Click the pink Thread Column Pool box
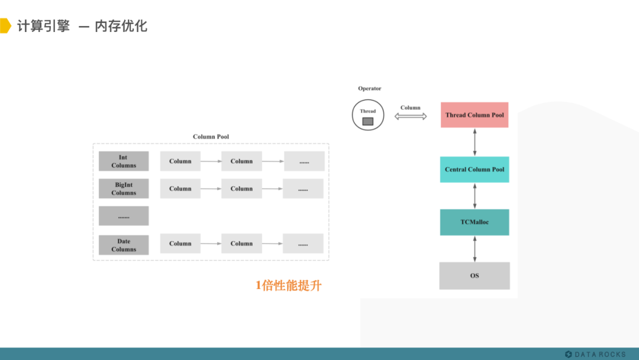474,115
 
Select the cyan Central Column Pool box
474,169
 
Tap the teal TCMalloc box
474,222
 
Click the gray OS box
474,276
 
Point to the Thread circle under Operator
367,115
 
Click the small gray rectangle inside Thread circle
368,121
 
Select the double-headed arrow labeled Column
411,117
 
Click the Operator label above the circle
369,89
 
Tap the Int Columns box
124,161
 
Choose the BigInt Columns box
124,189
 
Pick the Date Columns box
124,245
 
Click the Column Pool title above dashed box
211,137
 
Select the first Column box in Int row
180,161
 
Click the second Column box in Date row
241,243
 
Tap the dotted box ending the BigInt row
303,189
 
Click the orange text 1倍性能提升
288,285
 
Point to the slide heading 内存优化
121,26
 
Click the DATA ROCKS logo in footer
595,354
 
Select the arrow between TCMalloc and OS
474,249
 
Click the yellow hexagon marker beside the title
5,26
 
